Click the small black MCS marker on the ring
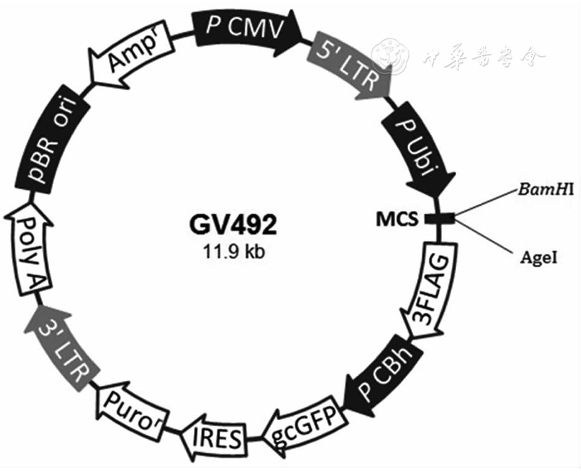pyautogui.click(x=441, y=217)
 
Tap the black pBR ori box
pyautogui.click(x=52, y=144)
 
